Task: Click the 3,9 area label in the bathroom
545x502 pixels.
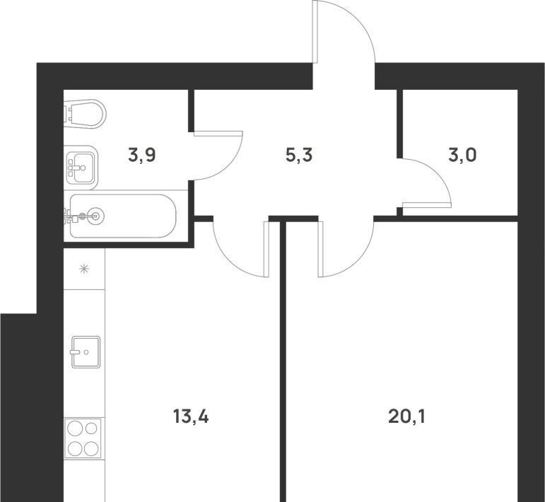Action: click(x=141, y=155)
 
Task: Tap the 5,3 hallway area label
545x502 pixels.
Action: click(x=299, y=155)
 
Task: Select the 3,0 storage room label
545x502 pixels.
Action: click(x=462, y=155)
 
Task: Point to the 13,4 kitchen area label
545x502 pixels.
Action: click(x=191, y=416)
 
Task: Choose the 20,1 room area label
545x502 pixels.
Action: click(x=406, y=416)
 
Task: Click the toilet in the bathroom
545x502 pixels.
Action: click(x=85, y=114)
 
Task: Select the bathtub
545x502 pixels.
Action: click(x=123, y=216)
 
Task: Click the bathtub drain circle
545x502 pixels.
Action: click(x=95, y=216)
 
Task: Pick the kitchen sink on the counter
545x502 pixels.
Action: click(x=86, y=352)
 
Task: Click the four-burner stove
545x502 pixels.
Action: click(x=83, y=438)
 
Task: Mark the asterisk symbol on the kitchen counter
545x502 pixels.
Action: click(x=84, y=269)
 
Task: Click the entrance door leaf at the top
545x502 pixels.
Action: click(x=315, y=32)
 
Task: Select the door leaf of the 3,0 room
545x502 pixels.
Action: click(x=427, y=205)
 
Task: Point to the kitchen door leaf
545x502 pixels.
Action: click(x=266, y=249)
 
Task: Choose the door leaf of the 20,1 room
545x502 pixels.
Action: click(x=320, y=249)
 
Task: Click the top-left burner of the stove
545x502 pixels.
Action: click(x=75, y=428)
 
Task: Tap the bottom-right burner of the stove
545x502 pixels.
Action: click(x=91, y=448)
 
